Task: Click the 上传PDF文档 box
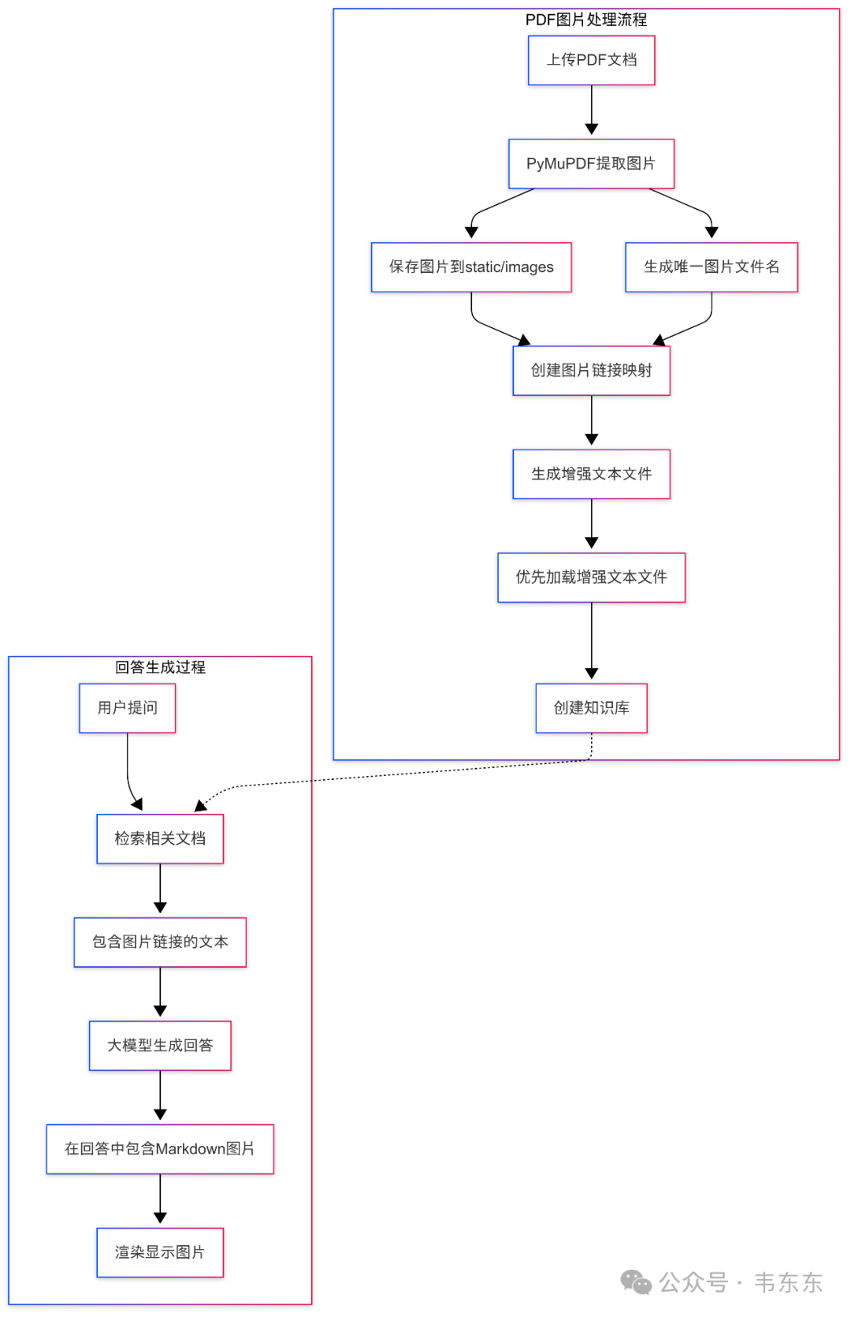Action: (x=591, y=60)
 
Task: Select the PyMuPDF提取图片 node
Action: (x=591, y=163)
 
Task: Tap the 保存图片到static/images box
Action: (x=471, y=267)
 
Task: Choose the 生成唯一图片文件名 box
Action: (x=712, y=267)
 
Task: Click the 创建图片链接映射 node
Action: (x=591, y=370)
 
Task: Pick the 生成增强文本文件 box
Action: (x=591, y=474)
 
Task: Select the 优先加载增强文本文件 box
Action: (x=591, y=577)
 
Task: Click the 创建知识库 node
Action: (x=591, y=707)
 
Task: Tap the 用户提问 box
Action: (x=128, y=707)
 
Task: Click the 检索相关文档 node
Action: (x=160, y=838)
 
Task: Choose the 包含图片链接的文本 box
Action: (x=160, y=942)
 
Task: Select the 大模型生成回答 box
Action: (x=160, y=1045)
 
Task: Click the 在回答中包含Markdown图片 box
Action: (x=160, y=1148)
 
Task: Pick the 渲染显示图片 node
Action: (x=160, y=1252)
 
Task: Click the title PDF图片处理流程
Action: (x=586, y=20)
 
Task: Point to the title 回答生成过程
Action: (x=160, y=667)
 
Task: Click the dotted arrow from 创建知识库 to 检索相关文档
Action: (x=394, y=775)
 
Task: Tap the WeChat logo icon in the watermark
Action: (x=636, y=1282)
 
